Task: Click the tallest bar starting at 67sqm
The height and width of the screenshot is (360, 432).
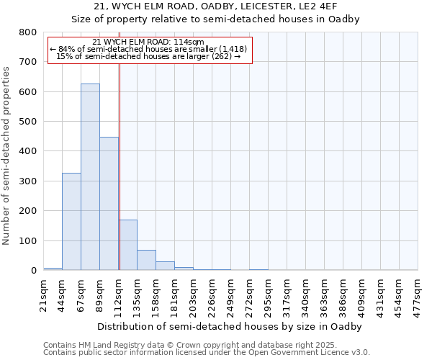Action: click(90, 176)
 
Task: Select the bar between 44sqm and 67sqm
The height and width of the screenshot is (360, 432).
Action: click(71, 222)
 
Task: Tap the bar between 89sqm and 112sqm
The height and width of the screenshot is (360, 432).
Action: click(109, 204)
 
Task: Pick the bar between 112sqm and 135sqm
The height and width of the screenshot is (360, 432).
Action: click(127, 245)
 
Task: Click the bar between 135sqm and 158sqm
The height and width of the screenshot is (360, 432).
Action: click(146, 260)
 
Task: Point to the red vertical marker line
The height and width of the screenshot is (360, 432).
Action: click(120, 166)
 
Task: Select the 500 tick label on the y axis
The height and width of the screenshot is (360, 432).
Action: click(28, 122)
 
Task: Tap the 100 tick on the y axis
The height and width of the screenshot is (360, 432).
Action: click(28, 240)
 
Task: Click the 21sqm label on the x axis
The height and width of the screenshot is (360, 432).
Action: click(44, 293)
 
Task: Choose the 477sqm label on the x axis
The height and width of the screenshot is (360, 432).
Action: click(418, 293)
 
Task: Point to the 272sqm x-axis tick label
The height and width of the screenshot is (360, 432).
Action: click(250, 293)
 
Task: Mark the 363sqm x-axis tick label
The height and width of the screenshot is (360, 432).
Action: click(324, 293)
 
